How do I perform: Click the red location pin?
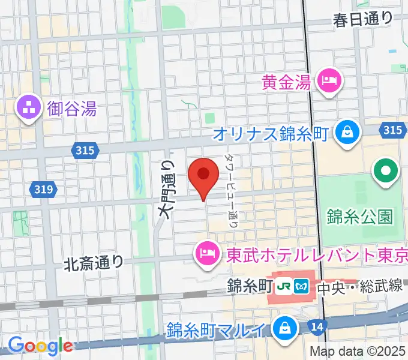pos(203,175)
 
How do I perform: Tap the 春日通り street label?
pos(363,19)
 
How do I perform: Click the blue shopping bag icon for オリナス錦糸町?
pos(347,131)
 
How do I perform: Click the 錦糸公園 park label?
pos(359,215)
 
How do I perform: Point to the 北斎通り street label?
pos(94,262)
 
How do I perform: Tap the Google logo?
pos(40,345)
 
